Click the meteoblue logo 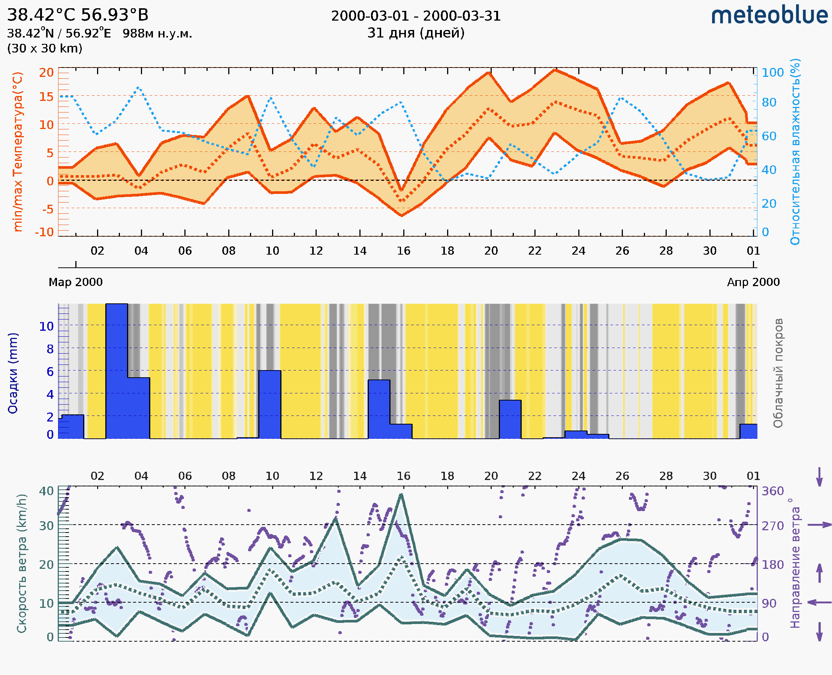769,15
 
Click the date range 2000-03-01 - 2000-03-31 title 416,16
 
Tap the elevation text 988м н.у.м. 157,33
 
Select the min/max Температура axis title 18,151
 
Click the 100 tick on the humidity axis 772,73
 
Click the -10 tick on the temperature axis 44,232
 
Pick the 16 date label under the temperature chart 403,251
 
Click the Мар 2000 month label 75,282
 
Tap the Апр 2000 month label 753,282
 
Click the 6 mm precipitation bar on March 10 270,404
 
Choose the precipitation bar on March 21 510,419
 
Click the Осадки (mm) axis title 12,373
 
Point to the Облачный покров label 778,373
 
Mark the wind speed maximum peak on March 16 401,495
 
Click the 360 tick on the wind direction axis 772,491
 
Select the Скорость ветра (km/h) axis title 22,564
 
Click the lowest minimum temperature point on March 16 402,215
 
